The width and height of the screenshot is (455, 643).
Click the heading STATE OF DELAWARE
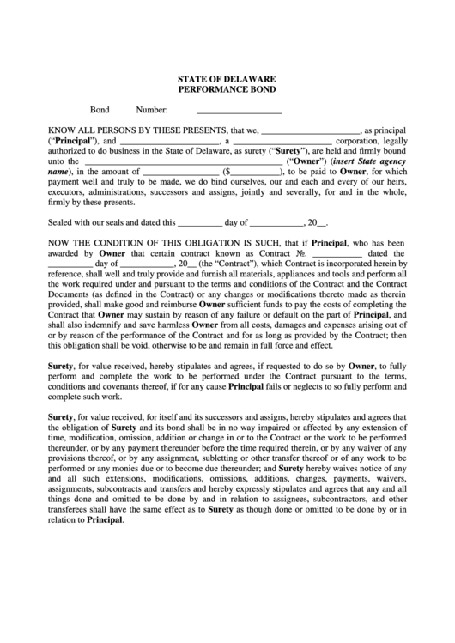click(227, 78)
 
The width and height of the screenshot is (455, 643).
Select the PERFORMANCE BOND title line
click(227, 89)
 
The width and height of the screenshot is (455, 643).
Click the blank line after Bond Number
click(239, 111)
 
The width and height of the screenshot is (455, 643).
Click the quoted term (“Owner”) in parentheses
click(306, 161)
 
